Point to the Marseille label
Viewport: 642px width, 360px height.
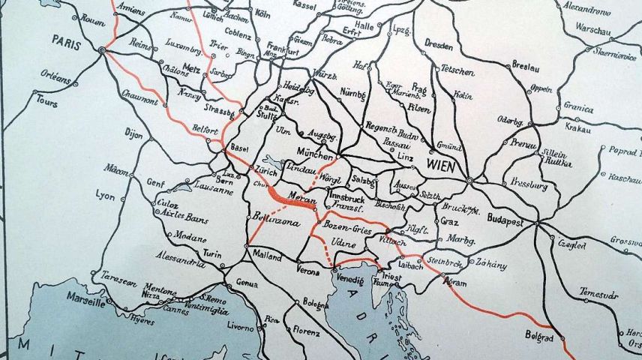(x=84, y=303)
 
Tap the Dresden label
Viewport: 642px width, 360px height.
(x=438, y=44)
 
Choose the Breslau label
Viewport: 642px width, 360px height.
(x=526, y=67)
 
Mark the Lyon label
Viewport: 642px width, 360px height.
(x=106, y=195)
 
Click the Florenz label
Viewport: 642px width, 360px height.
(x=306, y=328)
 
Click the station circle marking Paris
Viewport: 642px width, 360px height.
(x=101, y=50)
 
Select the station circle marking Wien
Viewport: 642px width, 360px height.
(x=469, y=180)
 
